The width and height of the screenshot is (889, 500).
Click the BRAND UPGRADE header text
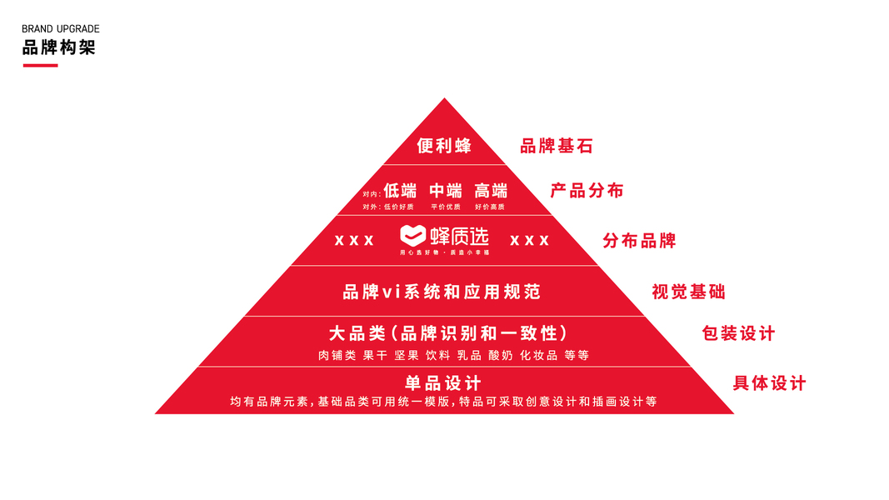click(60, 29)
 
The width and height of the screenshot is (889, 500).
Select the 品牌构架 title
click(58, 47)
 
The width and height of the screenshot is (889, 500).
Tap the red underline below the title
click(40, 65)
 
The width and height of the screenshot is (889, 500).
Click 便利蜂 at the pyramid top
click(444, 146)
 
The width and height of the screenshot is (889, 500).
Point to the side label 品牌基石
click(556, 146)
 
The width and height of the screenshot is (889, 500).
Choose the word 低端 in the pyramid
click(400, 190)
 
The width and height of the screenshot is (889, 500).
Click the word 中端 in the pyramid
click(446, 190)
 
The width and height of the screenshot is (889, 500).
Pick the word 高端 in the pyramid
click(491, 190)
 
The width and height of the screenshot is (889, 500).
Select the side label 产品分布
click(587, 190)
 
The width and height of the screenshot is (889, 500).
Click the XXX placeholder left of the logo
click(354, 241)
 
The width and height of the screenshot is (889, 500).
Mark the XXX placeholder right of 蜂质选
click(529, 241)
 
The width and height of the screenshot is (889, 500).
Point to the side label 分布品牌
click(639, 241)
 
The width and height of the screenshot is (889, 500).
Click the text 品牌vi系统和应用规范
click(442, 292)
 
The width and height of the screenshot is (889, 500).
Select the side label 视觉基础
click(688, 292)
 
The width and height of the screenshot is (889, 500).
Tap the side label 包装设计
click(738, 333)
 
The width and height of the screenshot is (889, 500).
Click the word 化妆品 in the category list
click(538, 355)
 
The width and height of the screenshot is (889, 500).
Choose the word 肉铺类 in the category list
click(337, 355)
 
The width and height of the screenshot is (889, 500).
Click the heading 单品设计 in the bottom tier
click(443, 383)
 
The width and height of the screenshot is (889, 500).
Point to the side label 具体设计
click(769, 383)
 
